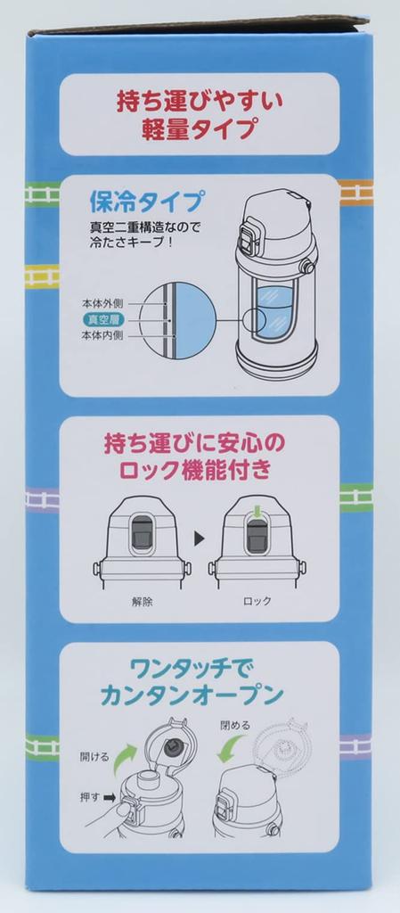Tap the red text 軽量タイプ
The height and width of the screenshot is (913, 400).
tap(200, 129)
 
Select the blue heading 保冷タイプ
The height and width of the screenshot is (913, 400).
tap(146, 202)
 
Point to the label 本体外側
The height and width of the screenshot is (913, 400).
tap(102, 303)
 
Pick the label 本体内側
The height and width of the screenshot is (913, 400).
tap(102, 336)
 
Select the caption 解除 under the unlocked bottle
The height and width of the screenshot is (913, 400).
tap(143, 600)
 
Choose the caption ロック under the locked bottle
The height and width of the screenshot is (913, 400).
tap(257, 600)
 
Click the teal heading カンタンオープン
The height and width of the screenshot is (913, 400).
tap(192, 694)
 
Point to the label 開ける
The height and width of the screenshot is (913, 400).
tap(94, 757)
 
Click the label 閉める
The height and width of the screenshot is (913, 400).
tap(235, 726)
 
